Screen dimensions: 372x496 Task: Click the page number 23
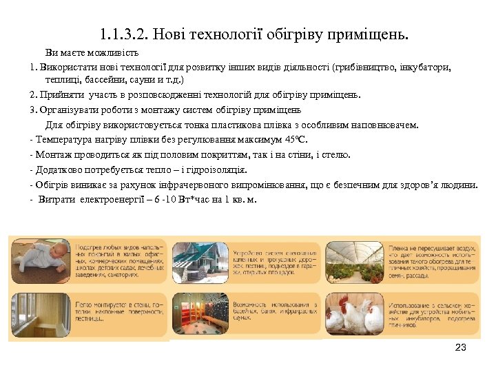pos(461,347)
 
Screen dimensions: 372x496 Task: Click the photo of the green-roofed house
pos(200,262)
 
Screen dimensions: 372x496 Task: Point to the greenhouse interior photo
pos(355,262)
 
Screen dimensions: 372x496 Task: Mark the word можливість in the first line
pos(114,52)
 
